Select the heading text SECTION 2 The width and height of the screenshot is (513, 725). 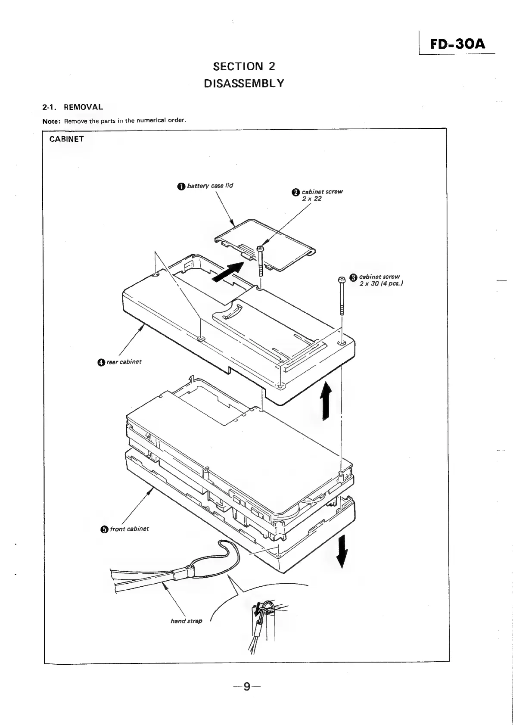click(244, 66)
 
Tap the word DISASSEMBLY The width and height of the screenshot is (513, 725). click(244, 83)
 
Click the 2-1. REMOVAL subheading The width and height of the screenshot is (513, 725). click(73, 107)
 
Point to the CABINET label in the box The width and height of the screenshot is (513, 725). click(67, 139)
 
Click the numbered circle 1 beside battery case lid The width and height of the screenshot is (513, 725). click(181, 186)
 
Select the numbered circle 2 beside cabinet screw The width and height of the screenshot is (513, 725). click(295, 192)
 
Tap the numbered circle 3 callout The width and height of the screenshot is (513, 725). click(353, 277)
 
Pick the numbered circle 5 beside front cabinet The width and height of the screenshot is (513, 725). click(104, 529)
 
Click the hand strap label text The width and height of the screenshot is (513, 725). click(186, 621)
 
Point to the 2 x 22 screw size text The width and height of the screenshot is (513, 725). click(311, 199)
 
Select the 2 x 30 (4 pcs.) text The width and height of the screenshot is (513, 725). click(381, 283)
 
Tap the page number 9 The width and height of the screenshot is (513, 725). click(246, 687)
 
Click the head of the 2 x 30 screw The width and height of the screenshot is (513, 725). click(341, 280)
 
